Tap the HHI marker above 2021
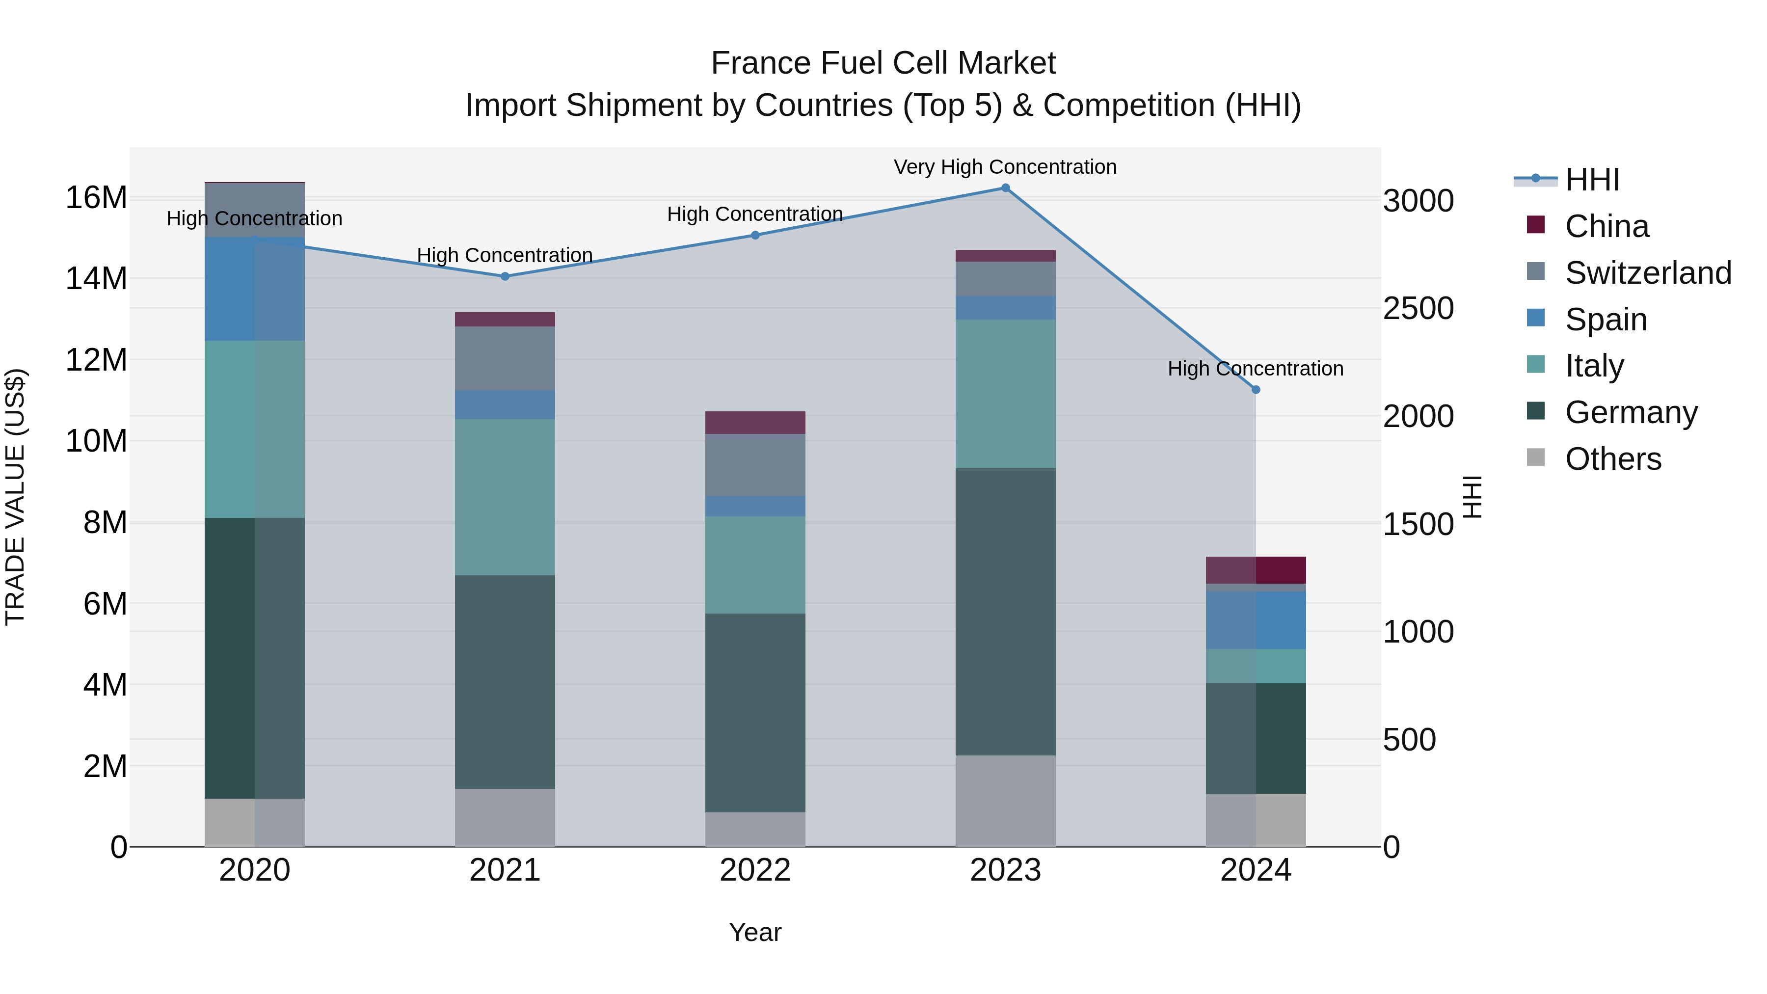point(505,276)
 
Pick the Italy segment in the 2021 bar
point(505,497)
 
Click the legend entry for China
point(1606,226)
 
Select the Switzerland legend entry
point(1648,273)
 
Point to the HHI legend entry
point(1591,180)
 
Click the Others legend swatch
point(1536,457)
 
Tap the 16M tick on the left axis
point(96,197)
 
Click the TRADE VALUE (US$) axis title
point(15,497)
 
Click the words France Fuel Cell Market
point(883,63)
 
